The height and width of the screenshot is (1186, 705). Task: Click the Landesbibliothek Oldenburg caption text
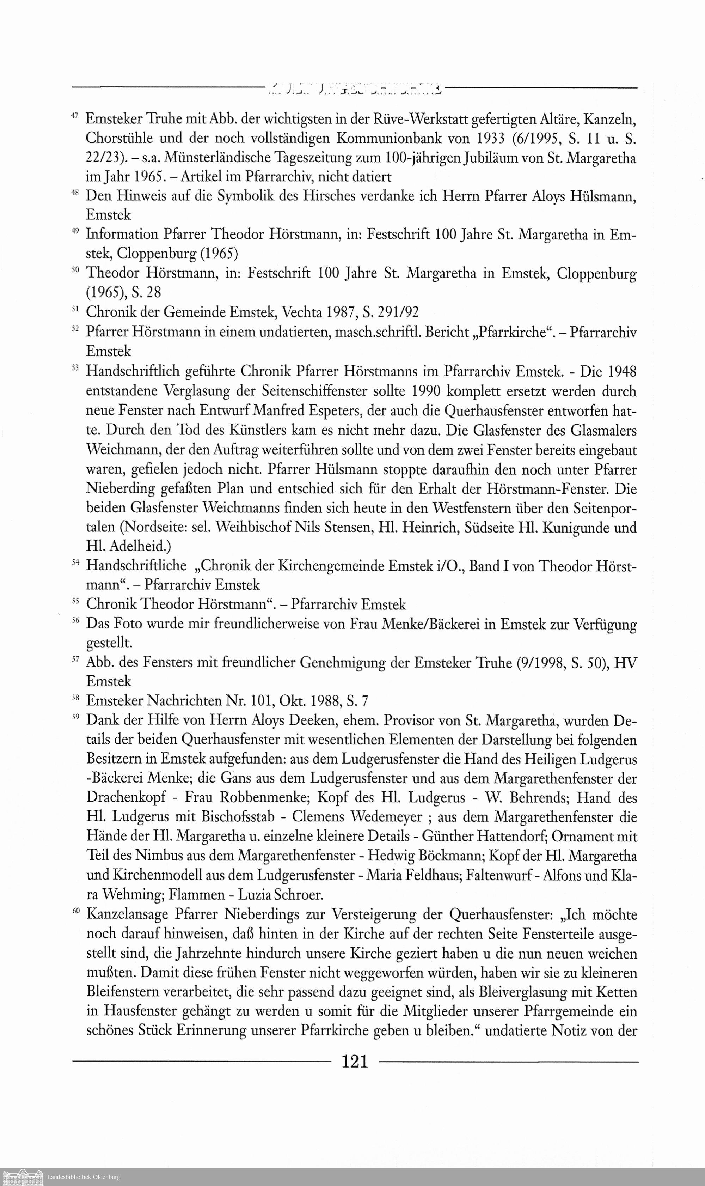84,1176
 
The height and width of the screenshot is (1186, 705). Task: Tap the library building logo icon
23,1176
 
